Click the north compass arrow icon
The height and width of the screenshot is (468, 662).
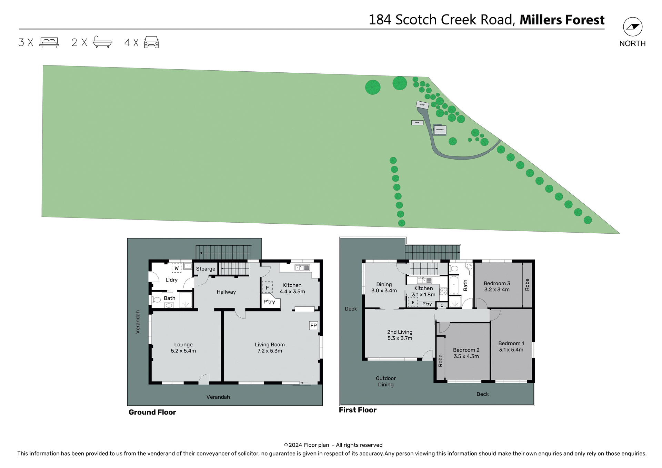tap(632, 27)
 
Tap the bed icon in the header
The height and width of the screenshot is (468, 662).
tap(49, 42)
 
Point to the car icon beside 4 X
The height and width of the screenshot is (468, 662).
tap(151, 42)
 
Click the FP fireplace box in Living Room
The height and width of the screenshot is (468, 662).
tap(313, 325)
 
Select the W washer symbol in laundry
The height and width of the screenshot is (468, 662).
tap(177, 268)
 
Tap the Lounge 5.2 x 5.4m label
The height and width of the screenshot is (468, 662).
tap(183, 348)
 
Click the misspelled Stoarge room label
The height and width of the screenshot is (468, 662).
tap(205, 269)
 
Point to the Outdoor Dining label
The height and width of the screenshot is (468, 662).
tap(385, 381)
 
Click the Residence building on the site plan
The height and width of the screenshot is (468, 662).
tap(440, 130)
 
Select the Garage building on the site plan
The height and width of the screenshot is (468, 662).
tap(422, 105)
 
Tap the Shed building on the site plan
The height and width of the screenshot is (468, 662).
tap(417, 123)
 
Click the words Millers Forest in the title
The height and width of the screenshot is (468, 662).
tap(562, 20)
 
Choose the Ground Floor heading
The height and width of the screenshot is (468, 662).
tap(152, 412)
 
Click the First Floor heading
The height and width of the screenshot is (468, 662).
tap(358, 410)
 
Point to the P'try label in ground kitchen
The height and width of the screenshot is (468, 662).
tap(269, 302)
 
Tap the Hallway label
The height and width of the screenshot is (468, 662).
tap(226, 292)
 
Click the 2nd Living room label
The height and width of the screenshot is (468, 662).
tap(400, 335)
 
